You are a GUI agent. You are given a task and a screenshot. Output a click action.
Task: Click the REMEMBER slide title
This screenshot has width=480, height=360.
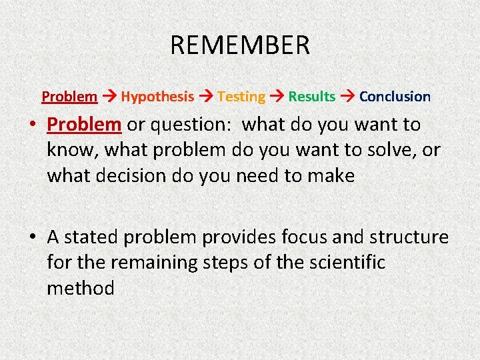pos(240,45)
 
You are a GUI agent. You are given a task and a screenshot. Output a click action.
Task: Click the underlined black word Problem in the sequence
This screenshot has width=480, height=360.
pos(69,97)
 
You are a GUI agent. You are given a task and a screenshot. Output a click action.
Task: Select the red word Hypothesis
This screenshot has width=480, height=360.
pos(157,97)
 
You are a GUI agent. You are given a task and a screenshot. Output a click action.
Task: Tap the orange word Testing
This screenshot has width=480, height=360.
pos(241,97)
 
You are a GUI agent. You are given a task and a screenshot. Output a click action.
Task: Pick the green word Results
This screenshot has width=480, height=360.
pos(312,97)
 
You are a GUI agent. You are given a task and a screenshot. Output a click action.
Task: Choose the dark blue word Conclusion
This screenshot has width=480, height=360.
pos(395,97)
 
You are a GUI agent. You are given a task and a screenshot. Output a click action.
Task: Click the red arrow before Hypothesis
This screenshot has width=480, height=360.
pos(109,97)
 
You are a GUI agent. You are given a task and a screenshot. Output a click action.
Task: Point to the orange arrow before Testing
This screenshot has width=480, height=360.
pos(206,97)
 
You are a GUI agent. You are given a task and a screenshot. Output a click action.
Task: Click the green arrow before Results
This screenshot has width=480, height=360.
pos(277,97)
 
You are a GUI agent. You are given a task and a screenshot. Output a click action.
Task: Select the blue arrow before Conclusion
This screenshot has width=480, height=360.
pos(347,97)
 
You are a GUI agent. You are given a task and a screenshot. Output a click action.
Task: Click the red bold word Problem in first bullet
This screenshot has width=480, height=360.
pos(84,125)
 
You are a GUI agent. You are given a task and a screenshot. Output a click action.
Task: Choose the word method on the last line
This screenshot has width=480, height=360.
pos(81,288)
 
